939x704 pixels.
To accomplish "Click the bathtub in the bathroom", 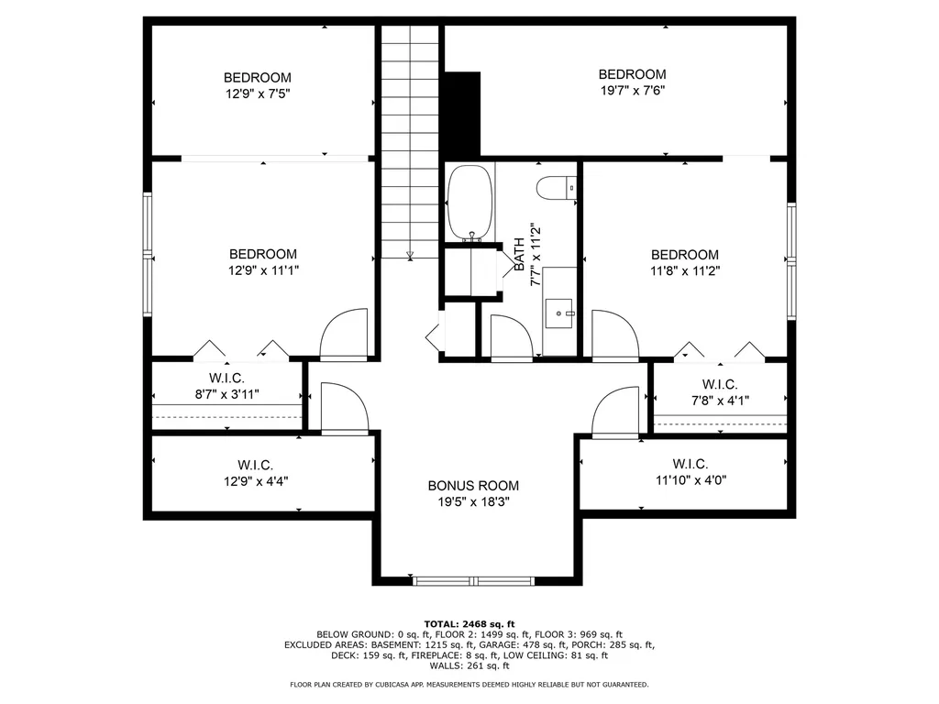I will pos(469,202).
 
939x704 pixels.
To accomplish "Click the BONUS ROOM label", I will pos(473,486).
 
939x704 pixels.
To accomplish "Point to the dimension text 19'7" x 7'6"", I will pos(632,90).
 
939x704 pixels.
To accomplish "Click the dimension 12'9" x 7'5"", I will pos(258,93).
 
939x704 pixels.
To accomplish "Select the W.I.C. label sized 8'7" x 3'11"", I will pos(226,378).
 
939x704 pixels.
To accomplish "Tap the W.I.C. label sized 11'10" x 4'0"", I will pos(693,463).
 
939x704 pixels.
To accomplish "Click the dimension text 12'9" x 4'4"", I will pos(256,480).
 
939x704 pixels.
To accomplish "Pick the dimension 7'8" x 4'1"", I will pos(720,400).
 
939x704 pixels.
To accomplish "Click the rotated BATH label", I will pos(519,254).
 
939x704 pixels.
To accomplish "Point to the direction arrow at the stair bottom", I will pos(410,254).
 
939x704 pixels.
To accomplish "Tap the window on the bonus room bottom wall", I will pos(473,579).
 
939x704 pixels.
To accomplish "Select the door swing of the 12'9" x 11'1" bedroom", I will pos(345,335).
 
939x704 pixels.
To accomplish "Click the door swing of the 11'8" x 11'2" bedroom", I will pos(614,335).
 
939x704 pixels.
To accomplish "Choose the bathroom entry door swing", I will pos(511,337).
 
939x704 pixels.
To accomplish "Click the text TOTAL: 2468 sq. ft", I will pos(469,622).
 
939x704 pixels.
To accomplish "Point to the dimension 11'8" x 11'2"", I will pos(685,270).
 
